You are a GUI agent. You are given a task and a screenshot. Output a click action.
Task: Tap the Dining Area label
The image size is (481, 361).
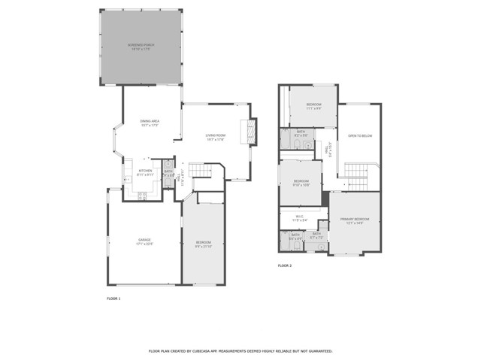pyautogui.click(x=150, y=123)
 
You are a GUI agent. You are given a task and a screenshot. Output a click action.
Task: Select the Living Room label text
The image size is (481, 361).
pyautogui.click(x=216, y=137)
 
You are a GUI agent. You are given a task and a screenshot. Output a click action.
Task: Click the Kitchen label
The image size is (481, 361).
pyautogui.click(x=145, y=172)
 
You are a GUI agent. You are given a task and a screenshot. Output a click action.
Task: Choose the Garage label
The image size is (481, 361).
pyautogui.click(x=144, y=241)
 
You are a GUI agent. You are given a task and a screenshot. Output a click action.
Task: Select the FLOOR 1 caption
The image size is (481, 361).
pyautogui.click(x=113, y=299)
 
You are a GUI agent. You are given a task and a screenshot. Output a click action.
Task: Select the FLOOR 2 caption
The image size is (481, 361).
pyautogui.click(x=285, y=265)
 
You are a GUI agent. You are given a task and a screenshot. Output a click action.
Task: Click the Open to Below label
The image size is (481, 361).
pyautogui.click(x=360, y=136)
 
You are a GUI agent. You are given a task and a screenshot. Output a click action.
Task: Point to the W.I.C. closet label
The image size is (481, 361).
pyautogui.click(x=301, y=218)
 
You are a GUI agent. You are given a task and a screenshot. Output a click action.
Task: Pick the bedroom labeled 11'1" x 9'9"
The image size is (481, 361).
pyautogui.click(x=313, y=106)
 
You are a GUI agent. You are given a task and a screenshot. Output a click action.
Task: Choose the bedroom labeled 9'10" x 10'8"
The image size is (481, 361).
pyautogui.click(x=301, y=183)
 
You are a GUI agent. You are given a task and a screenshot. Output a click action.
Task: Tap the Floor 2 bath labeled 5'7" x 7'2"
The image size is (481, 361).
pyautogui.click(x=316, y=235)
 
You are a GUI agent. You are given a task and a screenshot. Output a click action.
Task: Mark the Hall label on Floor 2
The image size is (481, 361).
pyautogui.click(x=328, y=150)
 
